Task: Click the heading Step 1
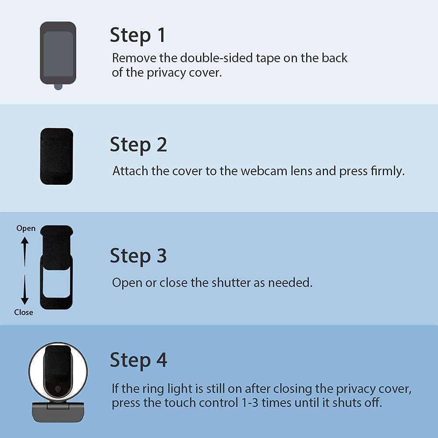click(138, 35)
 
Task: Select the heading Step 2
click(138, 145)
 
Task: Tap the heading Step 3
click(138, 256)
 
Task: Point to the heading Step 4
click(138, 360)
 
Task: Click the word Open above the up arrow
click(26, 229)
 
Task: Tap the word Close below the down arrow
click(24, 312)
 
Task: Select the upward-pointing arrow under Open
click(25, 252)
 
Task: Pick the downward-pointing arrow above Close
click(25, 290)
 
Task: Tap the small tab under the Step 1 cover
click(58, 87)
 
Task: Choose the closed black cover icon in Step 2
click(57, 156)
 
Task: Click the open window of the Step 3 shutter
click(57, 283)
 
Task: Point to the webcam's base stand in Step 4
click(58, 412)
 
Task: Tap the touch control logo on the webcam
click(58, 389)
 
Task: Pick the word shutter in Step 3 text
click(231, 283)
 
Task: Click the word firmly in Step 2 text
click(388, 171)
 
